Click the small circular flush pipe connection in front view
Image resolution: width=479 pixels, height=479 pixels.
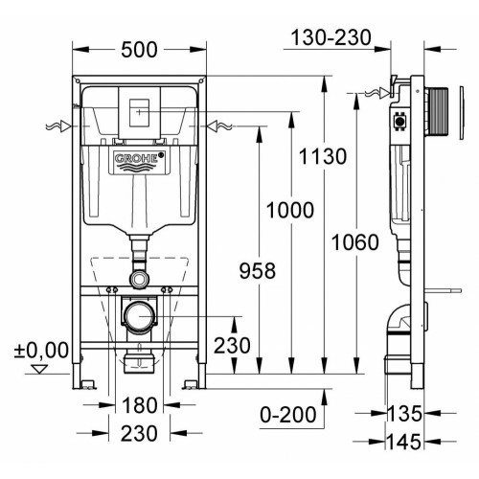140,279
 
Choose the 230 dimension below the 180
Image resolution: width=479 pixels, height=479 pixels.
141,434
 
